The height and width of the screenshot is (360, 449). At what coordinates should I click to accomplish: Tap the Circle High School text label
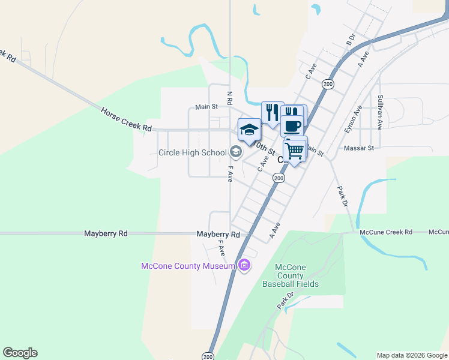coord(192,152)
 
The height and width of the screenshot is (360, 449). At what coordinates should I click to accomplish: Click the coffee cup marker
coord(292,127)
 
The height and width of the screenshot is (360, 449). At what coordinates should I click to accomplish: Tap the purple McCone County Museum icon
coord(244,265)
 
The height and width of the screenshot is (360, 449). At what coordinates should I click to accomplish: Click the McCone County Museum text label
coord(187,266)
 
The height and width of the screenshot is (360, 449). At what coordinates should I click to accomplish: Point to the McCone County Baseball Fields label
coord(291,275)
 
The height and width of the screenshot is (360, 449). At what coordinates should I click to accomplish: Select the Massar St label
coord(359,148)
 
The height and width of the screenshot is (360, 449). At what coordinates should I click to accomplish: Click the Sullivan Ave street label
coord(380,112)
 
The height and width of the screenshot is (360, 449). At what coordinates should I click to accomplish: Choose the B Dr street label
coord(351,40)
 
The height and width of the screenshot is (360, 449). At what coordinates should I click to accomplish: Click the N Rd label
coord(229,97)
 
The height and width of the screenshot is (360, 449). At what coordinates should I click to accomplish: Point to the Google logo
coord(20,353)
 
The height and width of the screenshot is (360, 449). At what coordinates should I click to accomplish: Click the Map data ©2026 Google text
coord(412,355)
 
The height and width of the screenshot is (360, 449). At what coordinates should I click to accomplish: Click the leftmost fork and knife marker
coord(272,111)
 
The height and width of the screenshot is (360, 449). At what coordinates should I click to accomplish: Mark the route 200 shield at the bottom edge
coord(208,355)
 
